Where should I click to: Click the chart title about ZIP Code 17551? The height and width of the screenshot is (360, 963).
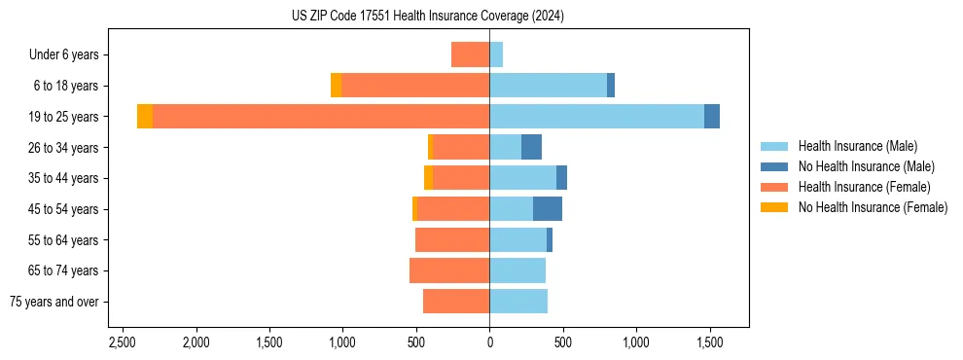pyautogui.click(x=427, y=17)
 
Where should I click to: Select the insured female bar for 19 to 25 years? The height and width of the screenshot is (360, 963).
pyautogui.click(x=321, y=117)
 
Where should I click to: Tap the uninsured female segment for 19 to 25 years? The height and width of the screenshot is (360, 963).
pyautogui.click(x=145, y=117)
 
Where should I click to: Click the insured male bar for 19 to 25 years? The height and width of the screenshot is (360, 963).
pyautogui.click(x=596, y=117)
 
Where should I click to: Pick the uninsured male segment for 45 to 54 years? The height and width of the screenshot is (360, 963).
pyautogui.click(x=548, y=209)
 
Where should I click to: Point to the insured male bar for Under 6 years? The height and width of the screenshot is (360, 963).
pyautogui.click(x=496, y=54)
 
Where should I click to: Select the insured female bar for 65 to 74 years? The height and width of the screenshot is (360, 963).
pyautogui.click(x=449, y=270)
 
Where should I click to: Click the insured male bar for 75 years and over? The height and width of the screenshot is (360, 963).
pyautogui.click(x=518, y=302)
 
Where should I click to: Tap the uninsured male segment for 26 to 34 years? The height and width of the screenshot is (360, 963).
pyautogui.click(x=531, y=148)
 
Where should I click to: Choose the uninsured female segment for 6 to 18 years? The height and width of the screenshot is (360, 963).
pyautogui.click(x=336, y=86)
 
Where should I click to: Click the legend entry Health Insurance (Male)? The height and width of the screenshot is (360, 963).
pyautogui.click(x=857, y=146)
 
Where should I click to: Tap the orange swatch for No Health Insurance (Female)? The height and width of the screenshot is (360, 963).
pyautogui.click(x=773, y=207)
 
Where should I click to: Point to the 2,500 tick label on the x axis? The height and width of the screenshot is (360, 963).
pyautogui.click(x=123, y=342)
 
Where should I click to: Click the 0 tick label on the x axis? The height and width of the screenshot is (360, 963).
pyautogui.click(x=489, y=342)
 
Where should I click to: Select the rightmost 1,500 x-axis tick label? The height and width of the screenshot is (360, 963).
pyautogui.click(x=709, y=342)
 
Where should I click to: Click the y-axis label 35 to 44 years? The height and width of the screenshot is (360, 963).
pyautogui.click(x=63, y=178)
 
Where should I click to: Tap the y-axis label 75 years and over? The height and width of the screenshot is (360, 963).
pyautogui.click(x=53, y=302)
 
